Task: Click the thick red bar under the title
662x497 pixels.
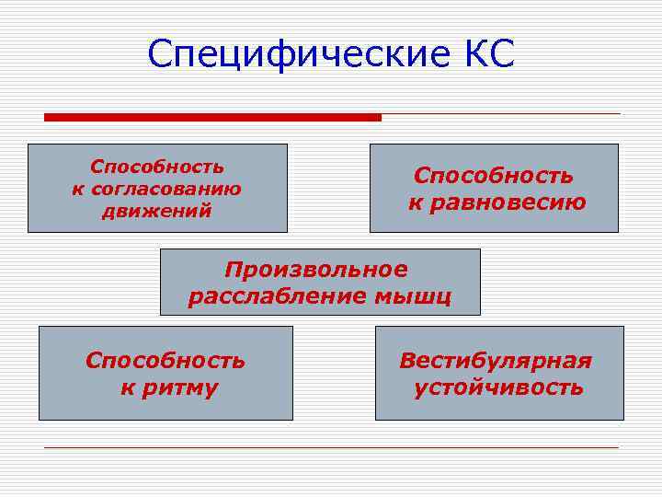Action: (x=212, y=118)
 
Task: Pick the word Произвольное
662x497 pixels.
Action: (x=315, y=270)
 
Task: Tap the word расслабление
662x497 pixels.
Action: (x=276, y=296)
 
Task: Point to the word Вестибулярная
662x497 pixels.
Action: (x=496, y=361)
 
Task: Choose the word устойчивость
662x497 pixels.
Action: (x=498, y=387)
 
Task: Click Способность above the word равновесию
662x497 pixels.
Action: (x=493, y=175)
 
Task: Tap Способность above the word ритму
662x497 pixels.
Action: (x=165, y=361)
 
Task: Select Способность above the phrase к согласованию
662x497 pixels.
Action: (x=157, y=167)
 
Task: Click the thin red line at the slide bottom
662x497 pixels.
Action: (x=331, y=448)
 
